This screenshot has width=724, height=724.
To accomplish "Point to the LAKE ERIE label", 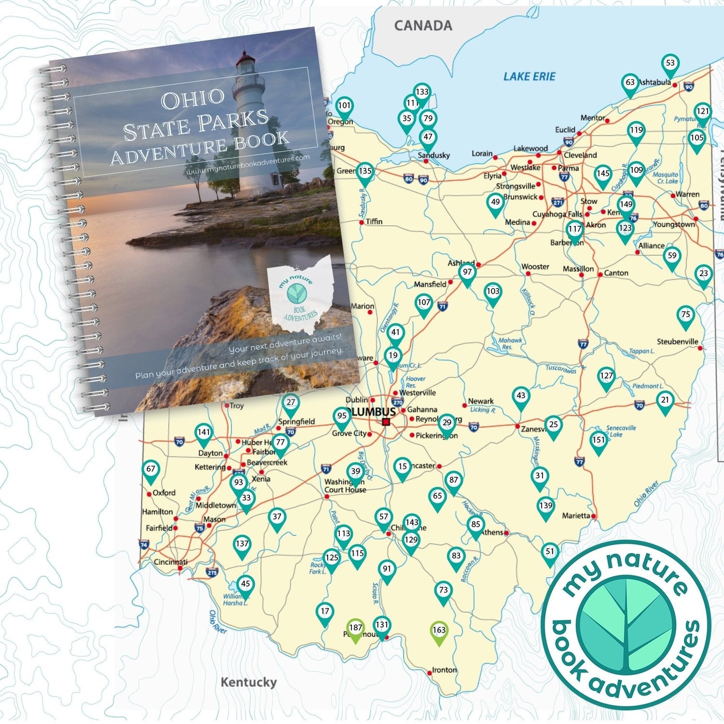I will click(x=529, y=77).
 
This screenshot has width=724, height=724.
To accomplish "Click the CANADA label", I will click(x=423, y=26).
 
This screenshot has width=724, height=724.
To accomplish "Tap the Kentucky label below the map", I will click(x=249, y=682).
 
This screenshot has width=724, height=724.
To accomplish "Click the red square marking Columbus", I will click(x=386, y=422).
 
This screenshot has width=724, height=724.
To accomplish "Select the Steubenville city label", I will click(x=677, y=342).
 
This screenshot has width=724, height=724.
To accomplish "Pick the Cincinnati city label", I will click(x=170, y=562).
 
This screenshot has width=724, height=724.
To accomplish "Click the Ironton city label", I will click(x=444, y=670).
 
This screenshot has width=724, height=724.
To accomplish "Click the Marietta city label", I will click(x=576, y=516).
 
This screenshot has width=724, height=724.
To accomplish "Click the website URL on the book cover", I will click(x=248, y=164).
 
